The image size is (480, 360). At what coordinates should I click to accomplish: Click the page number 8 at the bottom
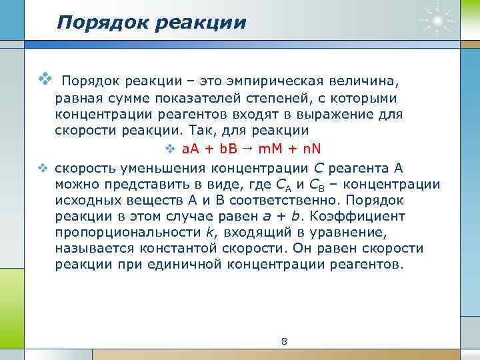point(285,342)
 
